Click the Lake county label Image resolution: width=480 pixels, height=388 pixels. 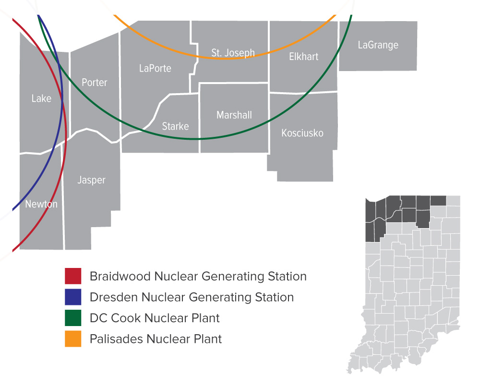(41, 98)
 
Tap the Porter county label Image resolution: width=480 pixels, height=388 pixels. (95, 83)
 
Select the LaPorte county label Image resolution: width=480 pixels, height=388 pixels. (155, 68)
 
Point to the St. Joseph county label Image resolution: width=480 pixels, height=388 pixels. (233, 53)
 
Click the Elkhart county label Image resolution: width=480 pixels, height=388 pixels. (304, 57)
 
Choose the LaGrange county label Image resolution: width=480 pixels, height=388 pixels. (378, 45)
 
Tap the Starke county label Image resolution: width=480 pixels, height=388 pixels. (175, 126)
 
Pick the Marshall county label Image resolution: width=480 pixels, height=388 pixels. (234, 115)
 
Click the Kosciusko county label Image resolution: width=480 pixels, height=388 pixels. (302, 133)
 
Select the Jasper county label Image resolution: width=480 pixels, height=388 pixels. (91, 180)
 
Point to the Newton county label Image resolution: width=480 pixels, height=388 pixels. (41, 204)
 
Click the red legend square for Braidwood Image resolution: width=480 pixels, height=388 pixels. (73, 276)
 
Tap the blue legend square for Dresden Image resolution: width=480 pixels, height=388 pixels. (73, 297)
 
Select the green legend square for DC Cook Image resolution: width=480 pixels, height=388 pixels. (73, 318)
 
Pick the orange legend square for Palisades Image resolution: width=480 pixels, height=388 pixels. (73, 339)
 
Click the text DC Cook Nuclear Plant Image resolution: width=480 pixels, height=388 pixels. (155, 318)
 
